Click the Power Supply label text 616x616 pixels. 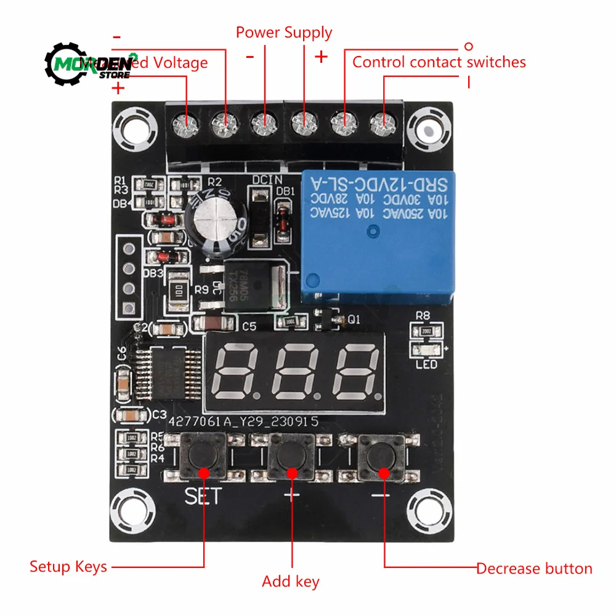click(x=284, y=33)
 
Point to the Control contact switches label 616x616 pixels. click(x=439, y=62)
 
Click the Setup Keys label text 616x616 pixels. click(x=68, y=567)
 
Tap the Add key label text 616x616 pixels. click(x=291, y=582)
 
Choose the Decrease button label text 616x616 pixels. click(x=534, y=569)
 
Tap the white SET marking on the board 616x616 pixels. click(x=202, y=497)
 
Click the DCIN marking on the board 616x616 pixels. click(x=266, y=179)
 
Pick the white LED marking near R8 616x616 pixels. click(x=426, y=365)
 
